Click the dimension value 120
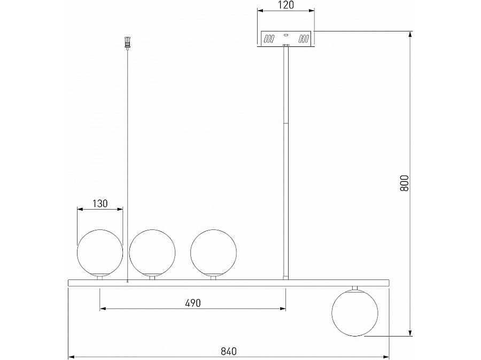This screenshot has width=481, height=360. click(286, 5)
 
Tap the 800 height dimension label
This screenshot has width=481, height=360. click(405, 183)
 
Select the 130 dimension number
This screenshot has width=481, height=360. click(100, 203)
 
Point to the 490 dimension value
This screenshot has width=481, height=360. click(193, 303)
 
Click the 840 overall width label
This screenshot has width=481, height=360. click(229, 351)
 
